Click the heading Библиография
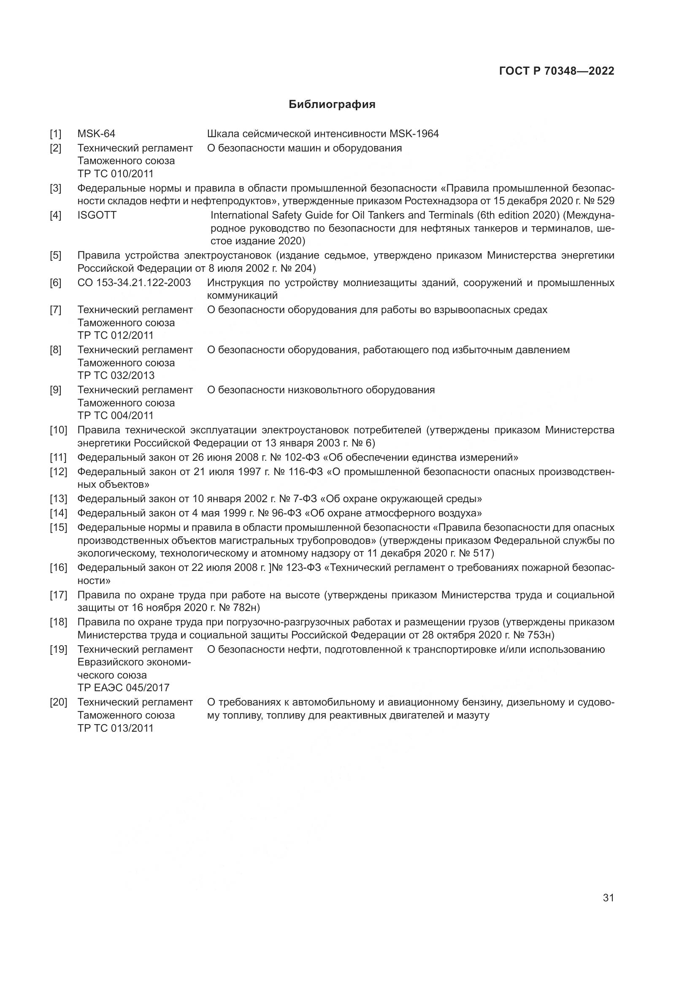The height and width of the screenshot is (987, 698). [x=332, y=105]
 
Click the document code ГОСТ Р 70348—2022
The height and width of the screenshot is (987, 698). [x=557, y=71]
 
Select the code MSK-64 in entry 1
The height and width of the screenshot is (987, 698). [x=96, y=134]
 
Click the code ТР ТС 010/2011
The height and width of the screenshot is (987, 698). [x=115, y=174]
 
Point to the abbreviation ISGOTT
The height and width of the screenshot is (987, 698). [x=97, y=215]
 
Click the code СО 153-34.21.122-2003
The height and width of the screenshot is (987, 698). [x=134, y=283]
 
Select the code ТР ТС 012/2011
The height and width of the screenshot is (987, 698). [x=115, y=335]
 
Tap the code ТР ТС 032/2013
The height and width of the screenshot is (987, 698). [x=116, y=375]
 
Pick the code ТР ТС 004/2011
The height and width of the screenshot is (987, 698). [x=115, y=415]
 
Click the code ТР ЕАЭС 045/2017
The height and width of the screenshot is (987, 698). [x=123, y=687]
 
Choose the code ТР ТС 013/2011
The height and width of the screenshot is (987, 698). [x=115, y=728]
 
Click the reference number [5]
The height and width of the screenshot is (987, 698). [x=55, y=255]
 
